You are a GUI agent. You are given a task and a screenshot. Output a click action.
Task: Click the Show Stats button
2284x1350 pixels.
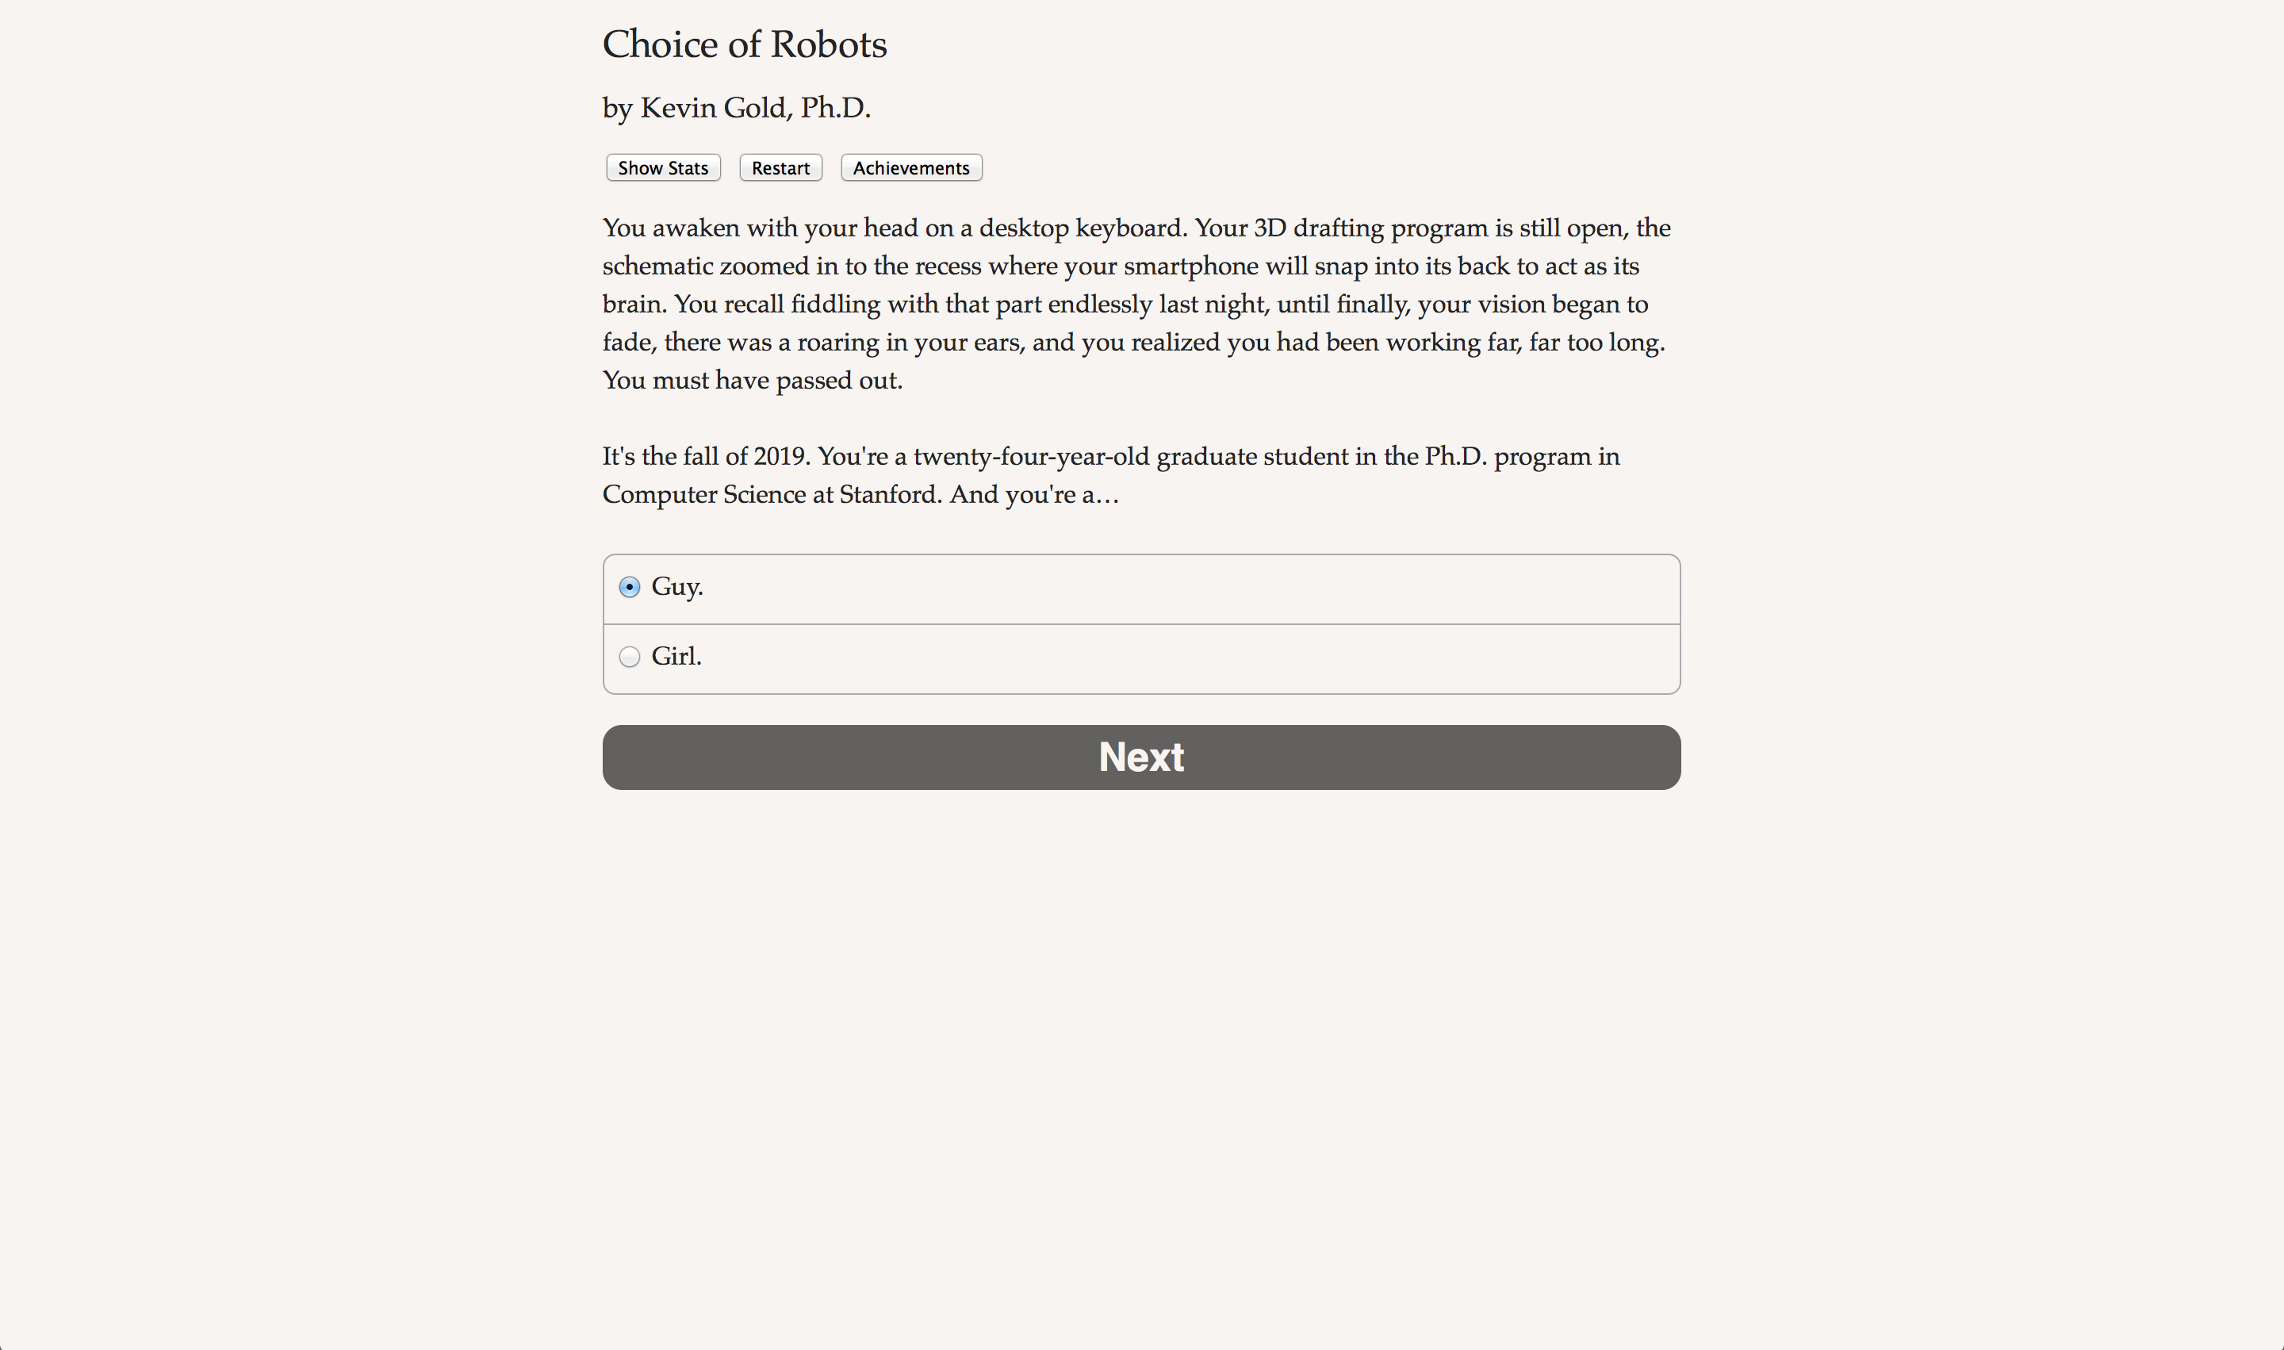click(662, 168)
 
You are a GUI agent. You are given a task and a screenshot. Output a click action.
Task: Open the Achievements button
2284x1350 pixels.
click(910, 168)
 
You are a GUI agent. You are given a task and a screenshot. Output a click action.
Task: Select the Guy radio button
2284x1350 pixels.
click(630, 588)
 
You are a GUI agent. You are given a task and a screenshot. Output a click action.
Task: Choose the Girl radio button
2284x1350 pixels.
click(630, 657)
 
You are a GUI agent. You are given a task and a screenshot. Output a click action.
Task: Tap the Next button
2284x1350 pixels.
click(1140, 757)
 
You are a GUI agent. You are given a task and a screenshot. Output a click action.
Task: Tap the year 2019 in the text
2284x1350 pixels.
click(780, 457)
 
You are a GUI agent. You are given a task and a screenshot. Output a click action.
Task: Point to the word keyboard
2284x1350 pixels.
click(1129, 228)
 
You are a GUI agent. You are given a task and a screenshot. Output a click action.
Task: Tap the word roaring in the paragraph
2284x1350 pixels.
click(837, 343)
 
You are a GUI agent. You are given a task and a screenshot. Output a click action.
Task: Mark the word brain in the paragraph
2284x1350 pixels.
click(633, 305)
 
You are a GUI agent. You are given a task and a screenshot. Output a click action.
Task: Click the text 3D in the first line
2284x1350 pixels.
click(1270, 228)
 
